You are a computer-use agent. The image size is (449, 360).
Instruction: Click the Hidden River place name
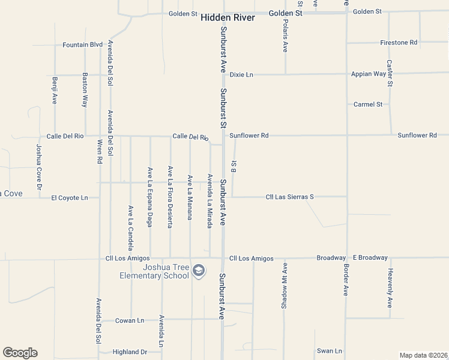(x=228, y=18)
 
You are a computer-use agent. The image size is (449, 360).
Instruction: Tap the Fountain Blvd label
(x=83, y=44)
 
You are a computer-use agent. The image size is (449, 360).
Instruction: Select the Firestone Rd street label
(x=399, y=43)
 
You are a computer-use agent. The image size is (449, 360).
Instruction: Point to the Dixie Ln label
(x=241, y=74)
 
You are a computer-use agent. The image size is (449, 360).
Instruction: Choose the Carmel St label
(x=368, y=104)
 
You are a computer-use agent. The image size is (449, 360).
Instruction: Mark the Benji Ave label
(x=55, y=91)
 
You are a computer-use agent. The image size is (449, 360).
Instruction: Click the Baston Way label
(x=85, y=91)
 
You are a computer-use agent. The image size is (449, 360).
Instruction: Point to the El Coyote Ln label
(x=70, y=197)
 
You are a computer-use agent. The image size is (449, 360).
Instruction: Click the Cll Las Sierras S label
(x=290, y=197)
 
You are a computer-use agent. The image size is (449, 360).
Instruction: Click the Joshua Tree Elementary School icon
(x=197, y=272)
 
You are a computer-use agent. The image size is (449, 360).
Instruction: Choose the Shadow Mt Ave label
(x=285, y=286)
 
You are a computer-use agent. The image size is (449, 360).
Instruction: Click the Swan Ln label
(x=330, y=351)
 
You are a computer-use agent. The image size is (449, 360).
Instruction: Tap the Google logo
(x=20, y=353)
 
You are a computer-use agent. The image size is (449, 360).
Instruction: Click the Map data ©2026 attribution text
(x=423, y=355)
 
